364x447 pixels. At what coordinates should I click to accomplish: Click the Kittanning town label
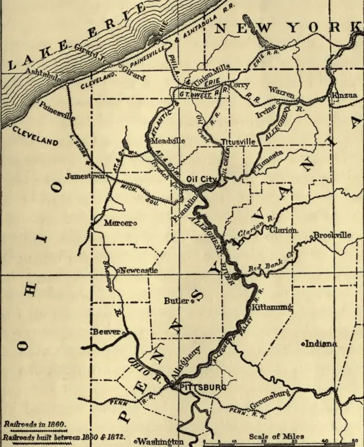[x=272, y=307]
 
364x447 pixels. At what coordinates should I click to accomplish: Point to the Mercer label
[x=118, y=223]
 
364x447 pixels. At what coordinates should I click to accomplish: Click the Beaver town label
[x=106, y=332]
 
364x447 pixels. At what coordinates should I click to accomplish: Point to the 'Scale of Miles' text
[x=276, y=436]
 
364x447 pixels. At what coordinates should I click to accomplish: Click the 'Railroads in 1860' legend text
[x=35, y=424]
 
